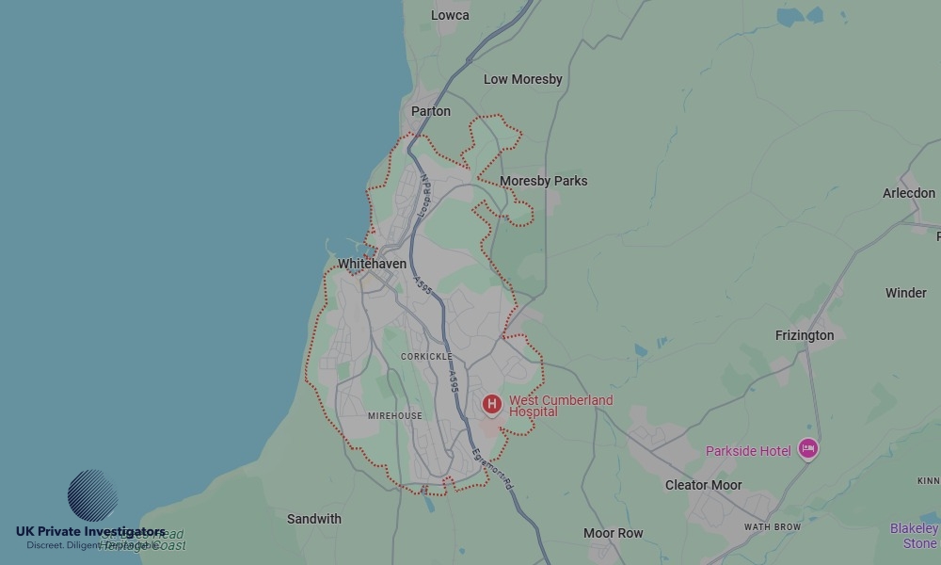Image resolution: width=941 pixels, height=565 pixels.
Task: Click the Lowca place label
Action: click(450, 15)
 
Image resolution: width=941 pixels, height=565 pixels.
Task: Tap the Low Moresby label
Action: click(522, 79)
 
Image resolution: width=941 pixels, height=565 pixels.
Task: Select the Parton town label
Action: click(431, 111)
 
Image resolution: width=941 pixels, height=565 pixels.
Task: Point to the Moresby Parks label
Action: click(543, 181)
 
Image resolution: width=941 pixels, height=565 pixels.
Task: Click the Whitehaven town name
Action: click(373, 264)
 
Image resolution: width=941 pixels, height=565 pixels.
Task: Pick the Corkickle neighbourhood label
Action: click(426, 357)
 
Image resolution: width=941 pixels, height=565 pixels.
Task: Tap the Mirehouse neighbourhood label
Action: click(395, 415)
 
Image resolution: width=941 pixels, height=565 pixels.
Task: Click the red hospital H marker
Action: click(491, 405)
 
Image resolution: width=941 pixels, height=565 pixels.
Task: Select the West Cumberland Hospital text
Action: click(560, 406)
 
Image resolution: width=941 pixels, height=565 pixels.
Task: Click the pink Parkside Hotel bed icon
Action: click(807, 449)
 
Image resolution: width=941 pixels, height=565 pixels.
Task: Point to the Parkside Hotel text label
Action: click(748, 451)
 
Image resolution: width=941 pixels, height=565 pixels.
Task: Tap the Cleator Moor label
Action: click(703, 485)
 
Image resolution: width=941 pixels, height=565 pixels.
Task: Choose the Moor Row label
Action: click(614, 533)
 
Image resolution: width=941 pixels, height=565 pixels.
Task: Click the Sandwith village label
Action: click(314, 519)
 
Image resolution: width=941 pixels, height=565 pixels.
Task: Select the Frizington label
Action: click(804, 335)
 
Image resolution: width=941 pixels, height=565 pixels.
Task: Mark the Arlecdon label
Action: click(909, 193)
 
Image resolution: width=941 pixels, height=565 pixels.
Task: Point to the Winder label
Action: click(905, 293)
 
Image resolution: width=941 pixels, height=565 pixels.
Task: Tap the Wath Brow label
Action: click(772, 526)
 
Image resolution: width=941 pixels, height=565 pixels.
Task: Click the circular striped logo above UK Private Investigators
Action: click(92, 495)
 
